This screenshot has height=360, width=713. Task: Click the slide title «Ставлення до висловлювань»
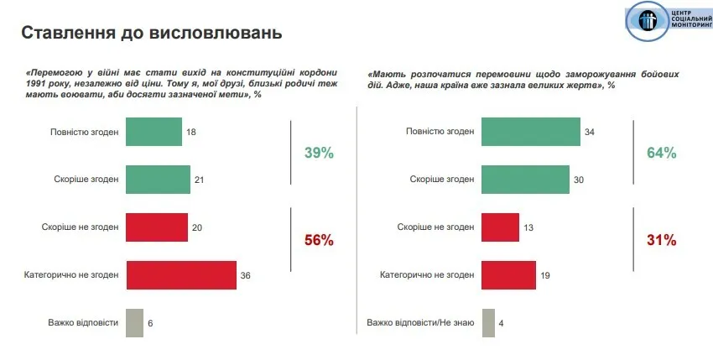(151, 34)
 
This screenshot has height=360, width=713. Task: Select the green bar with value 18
(154, 132)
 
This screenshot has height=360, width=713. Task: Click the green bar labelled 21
(158, 179)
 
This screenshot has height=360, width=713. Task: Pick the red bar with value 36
(181, 274)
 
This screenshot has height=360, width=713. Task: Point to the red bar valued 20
(156, 227)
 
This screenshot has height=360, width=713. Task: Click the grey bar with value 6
(134, 323)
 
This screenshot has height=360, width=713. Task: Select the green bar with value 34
(532, 132)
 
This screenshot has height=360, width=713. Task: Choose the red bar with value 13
(501, 227)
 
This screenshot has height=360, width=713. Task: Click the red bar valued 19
(509, 274)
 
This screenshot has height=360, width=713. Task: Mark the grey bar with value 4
(488, 323)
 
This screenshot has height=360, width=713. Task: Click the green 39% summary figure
(319, 153)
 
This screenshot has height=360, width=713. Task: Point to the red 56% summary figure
(319, 240)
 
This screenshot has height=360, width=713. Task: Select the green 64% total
(661, 153)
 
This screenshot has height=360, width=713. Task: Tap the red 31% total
(661, 240)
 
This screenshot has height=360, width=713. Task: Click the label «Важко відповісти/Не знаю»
(420, 323)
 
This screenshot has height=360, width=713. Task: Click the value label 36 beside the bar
(246, 275)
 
